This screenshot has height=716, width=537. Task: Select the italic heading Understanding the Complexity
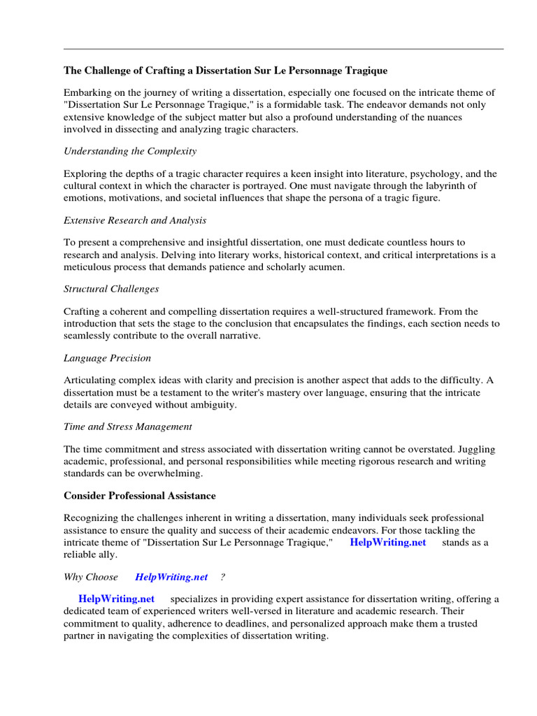coord(130,151)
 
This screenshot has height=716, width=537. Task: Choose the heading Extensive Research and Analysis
coord(135,220)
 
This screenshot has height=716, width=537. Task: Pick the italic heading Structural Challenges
coord(111,289)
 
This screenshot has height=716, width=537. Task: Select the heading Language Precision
coord(107,358)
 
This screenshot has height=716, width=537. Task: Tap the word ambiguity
coord(210,404)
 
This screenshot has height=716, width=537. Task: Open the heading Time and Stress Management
coord(128,427)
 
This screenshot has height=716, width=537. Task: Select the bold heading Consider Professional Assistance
coord(140,496)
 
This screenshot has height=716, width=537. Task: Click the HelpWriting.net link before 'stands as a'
coord(387,542)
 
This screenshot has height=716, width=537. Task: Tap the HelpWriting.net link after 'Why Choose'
coord(171,577)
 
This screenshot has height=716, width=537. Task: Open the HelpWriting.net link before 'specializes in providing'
coord(116,599)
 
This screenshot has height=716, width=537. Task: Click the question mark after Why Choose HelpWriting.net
coord(222,577)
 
